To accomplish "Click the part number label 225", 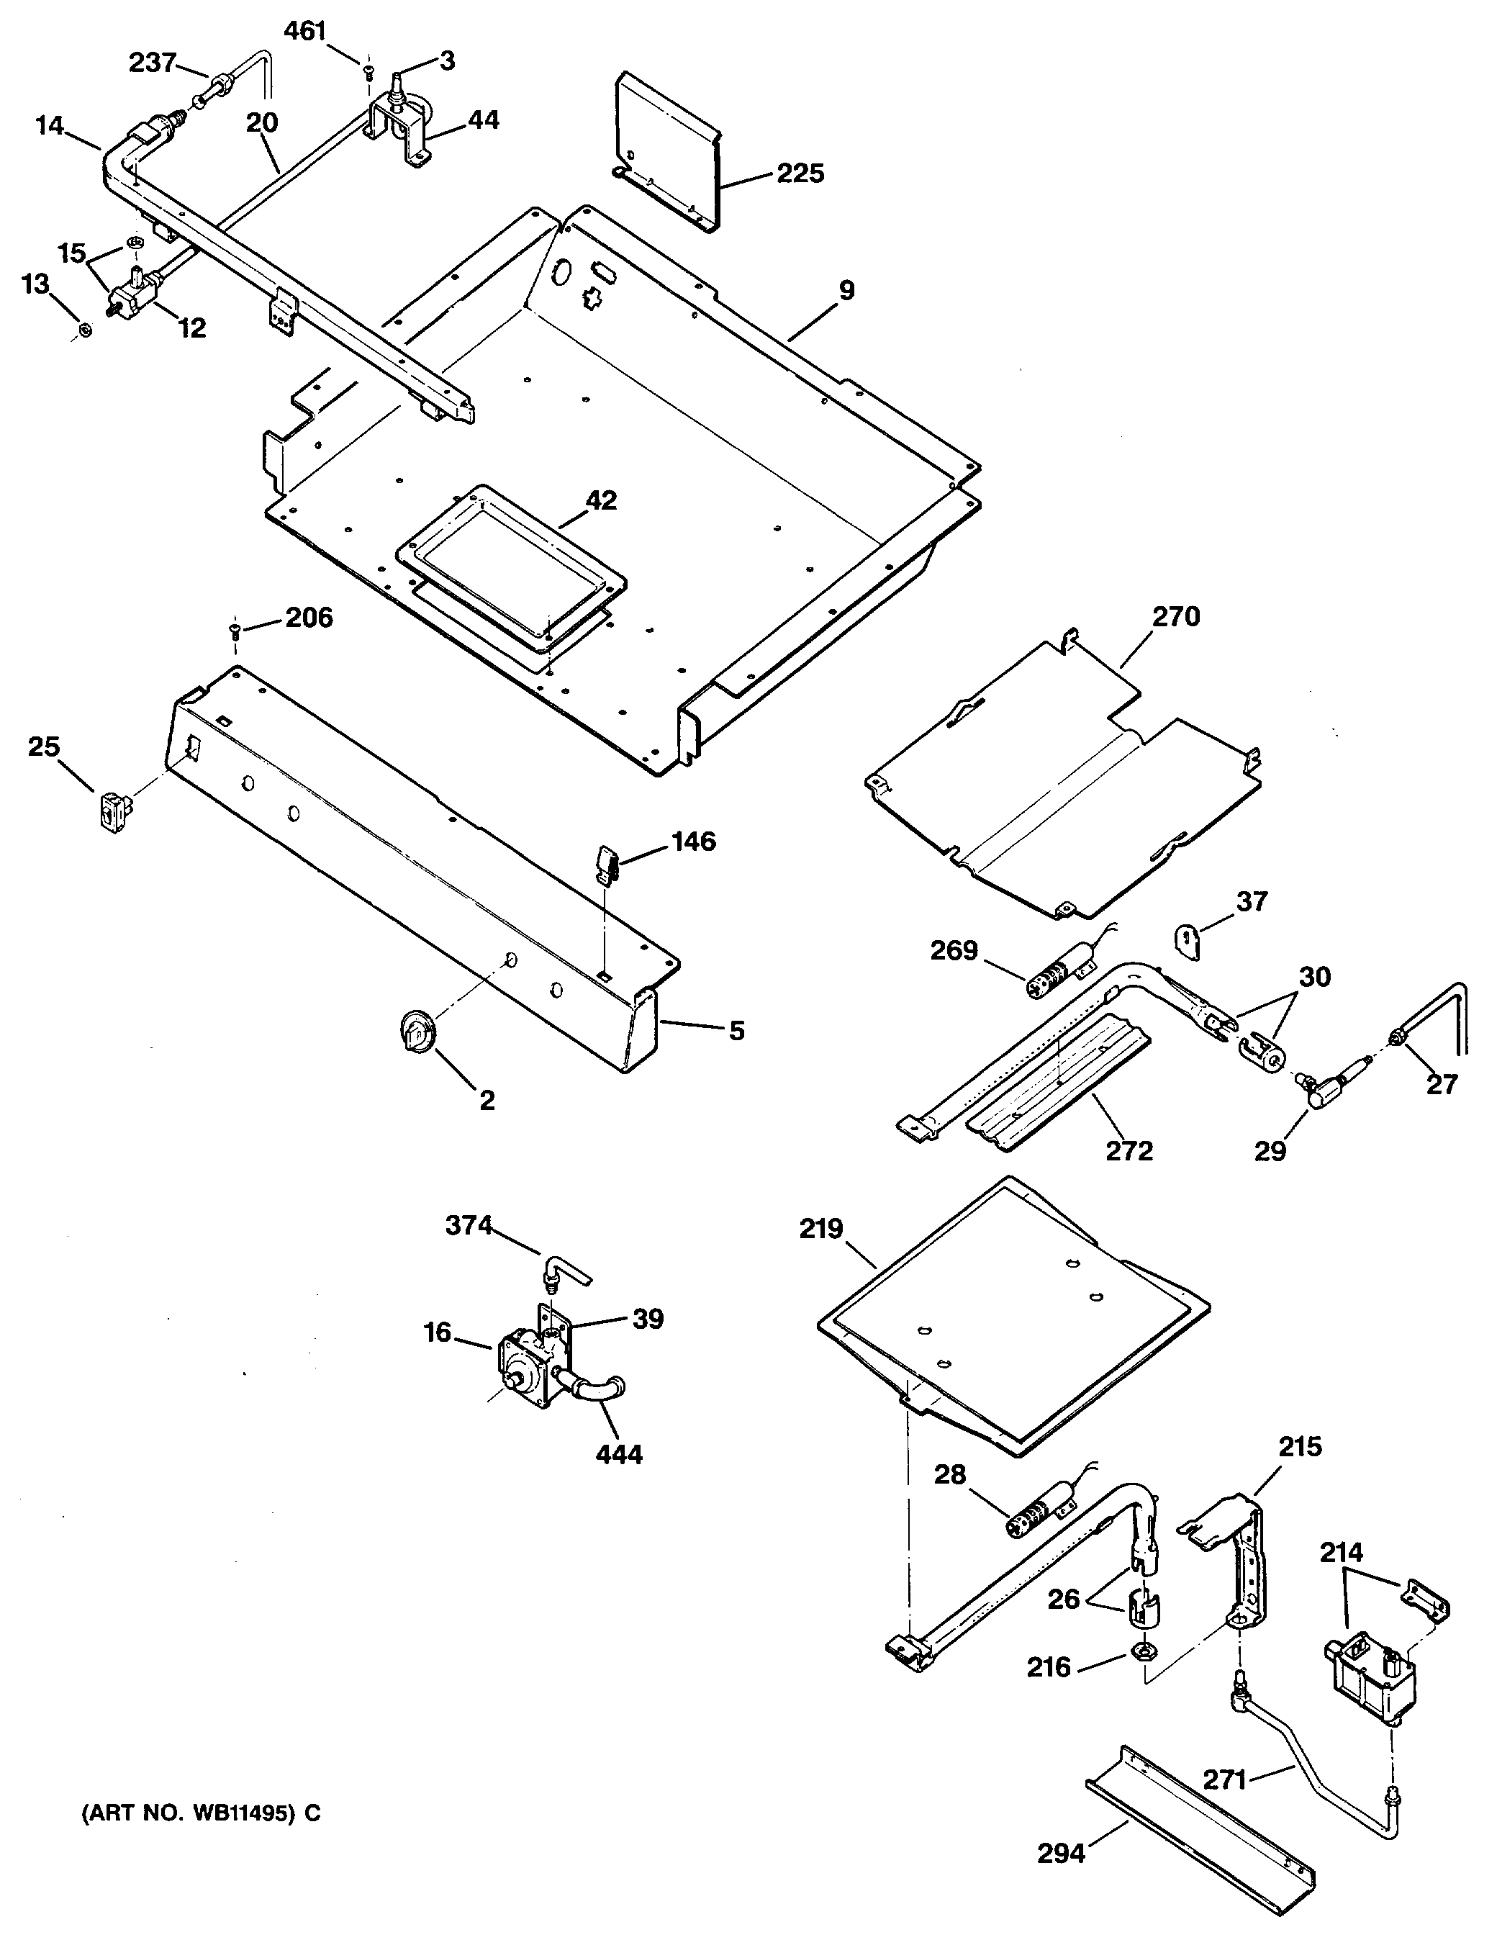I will point(800,173).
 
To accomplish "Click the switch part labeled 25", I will point(113,811).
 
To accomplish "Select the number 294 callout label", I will point(1062,1854).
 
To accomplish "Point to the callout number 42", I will point(600,500).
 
